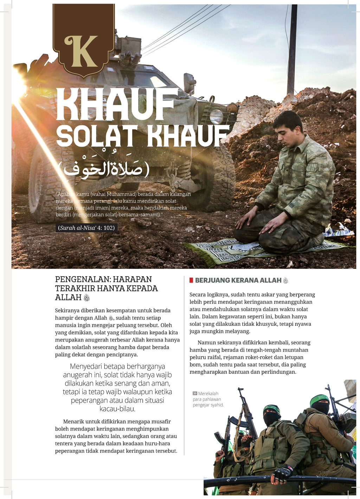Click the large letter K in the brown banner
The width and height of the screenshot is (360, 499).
[x=81, y=51]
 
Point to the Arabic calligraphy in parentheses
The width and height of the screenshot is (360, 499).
[x=104, y=169]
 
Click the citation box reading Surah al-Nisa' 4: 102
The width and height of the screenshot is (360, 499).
[x=86, y=228]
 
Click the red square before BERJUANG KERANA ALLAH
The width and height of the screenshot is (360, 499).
[x=191, y=280]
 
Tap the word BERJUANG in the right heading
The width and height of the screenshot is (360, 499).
[x=212, y=280]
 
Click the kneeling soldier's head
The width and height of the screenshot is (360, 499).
[x=288, y=129]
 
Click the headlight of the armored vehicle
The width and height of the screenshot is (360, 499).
[x=216, y=116]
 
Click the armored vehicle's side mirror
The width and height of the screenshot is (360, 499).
[x=189, y=83]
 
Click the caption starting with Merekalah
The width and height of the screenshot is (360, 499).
[x=208, y=399]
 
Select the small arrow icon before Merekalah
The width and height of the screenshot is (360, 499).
[x=195, y=394]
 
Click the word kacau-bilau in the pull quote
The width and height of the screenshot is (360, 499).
[x=117, y=409]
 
